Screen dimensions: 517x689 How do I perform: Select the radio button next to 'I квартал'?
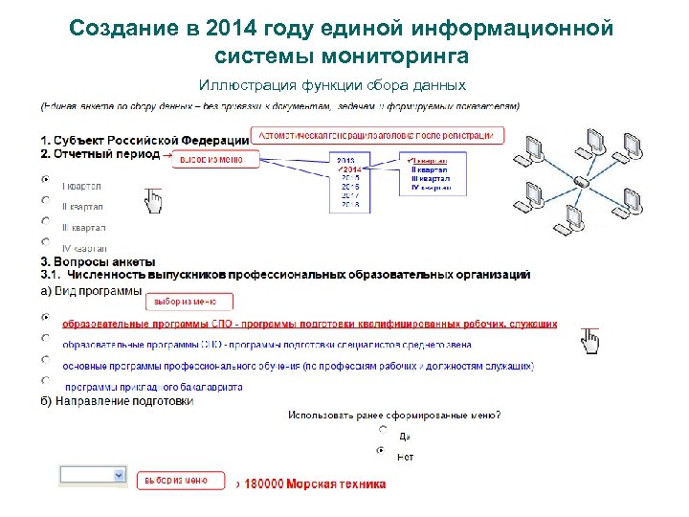point(45,179)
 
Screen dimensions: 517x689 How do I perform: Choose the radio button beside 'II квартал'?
point(45,200)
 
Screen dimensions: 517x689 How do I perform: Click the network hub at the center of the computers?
point(580,180)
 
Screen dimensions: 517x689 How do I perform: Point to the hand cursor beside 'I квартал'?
point(152,200)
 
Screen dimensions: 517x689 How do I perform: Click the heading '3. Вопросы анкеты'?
point(97,261)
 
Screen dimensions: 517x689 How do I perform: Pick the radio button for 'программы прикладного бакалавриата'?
point(45,380)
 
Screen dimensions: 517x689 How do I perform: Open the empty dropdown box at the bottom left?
point(93,475)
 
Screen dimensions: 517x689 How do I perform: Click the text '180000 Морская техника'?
point(316,483)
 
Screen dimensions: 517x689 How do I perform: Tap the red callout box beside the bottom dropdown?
point(182,480)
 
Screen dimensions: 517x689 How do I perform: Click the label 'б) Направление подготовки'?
point(117,401)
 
